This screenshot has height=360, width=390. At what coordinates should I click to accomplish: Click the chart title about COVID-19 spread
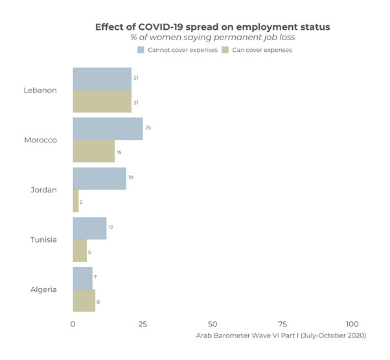(212, 27)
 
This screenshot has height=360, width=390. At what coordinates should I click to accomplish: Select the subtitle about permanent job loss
(212, 38)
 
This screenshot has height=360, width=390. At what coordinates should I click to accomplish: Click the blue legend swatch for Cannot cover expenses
(141, 50)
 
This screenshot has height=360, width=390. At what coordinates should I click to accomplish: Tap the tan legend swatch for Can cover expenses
(225, 50)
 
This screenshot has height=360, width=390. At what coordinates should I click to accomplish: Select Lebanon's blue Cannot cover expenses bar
(102, 79)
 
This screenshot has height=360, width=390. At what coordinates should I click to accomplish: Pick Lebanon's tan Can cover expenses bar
(102, 102)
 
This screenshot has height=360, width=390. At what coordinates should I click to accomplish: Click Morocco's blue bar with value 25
(108, 129)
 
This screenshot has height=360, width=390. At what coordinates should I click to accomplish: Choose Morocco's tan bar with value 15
(93, 152)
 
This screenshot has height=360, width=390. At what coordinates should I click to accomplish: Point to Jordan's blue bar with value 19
(99, 179)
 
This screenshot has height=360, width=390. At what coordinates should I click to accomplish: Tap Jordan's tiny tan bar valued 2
(76, 201)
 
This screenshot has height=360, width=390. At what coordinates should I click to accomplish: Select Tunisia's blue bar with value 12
(89, 229)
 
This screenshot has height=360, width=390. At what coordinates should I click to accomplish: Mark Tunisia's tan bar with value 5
(80, 251)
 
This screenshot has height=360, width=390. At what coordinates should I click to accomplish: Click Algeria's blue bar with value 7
(82, 278)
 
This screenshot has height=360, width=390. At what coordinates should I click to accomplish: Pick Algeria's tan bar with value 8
(84, 301)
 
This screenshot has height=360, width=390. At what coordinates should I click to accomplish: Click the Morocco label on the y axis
(40, 141)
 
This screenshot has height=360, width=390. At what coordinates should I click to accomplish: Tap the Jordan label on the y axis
(43, 190)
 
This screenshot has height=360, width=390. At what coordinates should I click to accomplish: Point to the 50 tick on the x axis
(212, 324)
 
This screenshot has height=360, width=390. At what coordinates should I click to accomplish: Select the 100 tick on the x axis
(352, 324)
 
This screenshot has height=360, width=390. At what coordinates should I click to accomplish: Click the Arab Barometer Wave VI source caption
(281, 336)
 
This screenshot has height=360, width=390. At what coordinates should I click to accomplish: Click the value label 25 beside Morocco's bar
(148, 128)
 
